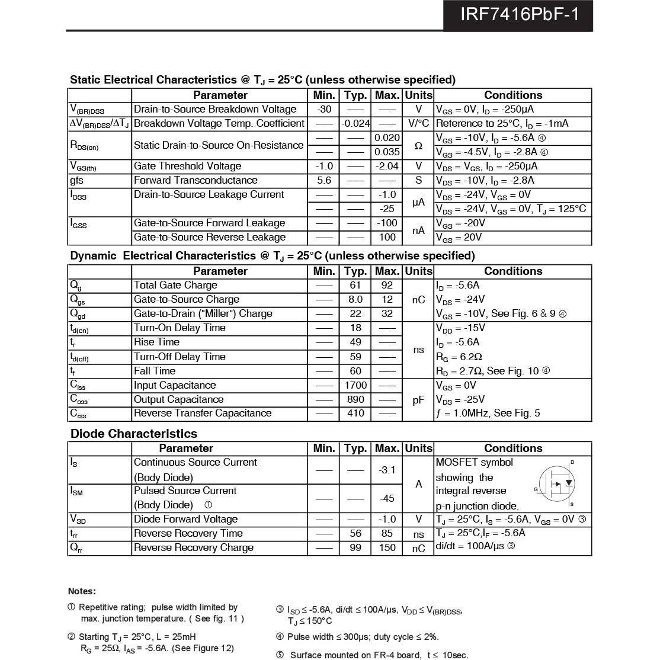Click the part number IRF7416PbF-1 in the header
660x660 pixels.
point(518,14)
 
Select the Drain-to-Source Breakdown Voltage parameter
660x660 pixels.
point(215,109)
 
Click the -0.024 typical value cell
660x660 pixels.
point(355,123)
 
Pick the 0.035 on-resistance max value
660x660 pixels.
point(387,152)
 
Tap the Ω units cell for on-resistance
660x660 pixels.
point(418,145)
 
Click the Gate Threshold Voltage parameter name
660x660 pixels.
point(187,166)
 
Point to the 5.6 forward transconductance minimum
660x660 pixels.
point(324,180)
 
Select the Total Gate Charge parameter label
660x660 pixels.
point(175,285)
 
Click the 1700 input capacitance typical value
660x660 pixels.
point(355,385)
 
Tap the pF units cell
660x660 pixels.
point(418,400)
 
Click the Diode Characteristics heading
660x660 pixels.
point(134,433)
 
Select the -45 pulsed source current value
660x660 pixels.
point(387,498)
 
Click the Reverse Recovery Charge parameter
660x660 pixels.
point(194,547)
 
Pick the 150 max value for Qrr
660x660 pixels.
point(387,547)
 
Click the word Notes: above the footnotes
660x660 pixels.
point(82,591)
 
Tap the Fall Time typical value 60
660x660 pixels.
point(355,371)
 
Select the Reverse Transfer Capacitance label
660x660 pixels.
point(203,413)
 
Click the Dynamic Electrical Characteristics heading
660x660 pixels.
point(273,256)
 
